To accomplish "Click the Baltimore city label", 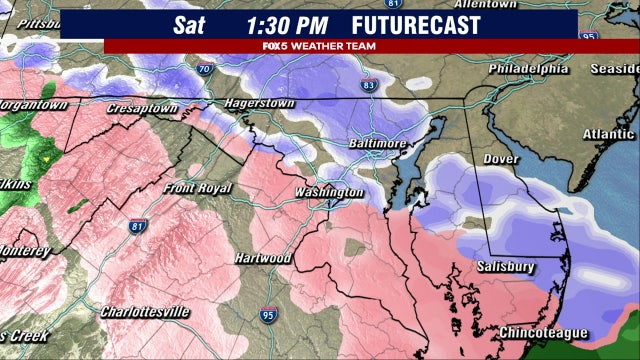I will coord(377,144).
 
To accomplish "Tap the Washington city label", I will coord(329,192).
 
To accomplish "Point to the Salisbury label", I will coord(506,266).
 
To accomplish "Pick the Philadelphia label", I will coord(528,69).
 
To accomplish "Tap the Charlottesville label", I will coord(145,312).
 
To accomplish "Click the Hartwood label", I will coord(263,258).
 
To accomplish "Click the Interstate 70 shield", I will coord(204,69).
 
